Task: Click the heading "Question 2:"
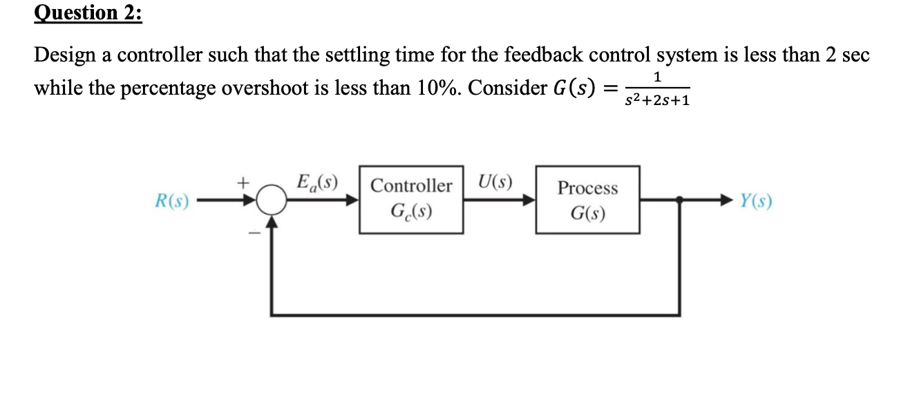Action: [87, 14]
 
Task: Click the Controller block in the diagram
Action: [411, 199]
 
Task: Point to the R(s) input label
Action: [171, 201]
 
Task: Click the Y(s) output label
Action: [755, 201]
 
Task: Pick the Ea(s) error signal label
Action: [315, 183]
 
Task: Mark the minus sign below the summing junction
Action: [254, 233]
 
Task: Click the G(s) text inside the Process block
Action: [587, 213]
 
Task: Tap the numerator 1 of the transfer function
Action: [658, 75]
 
